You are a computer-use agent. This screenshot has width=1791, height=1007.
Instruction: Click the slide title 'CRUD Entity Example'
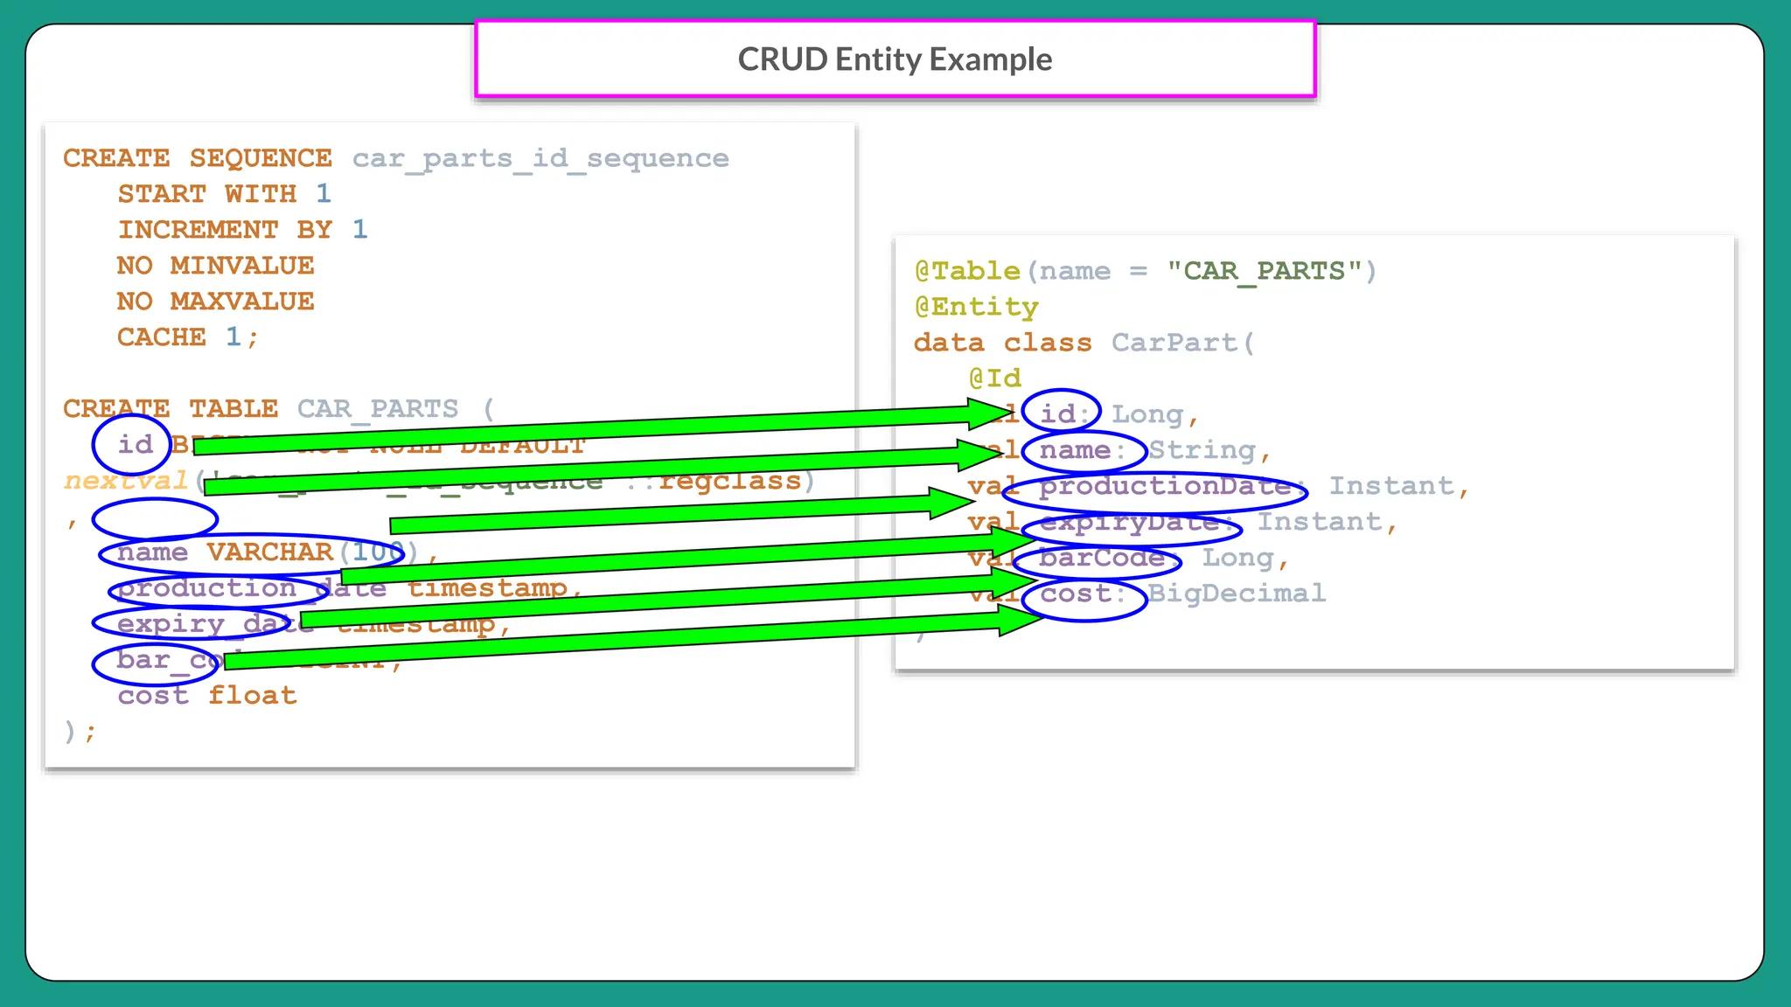pyautogui.click(x=895, y=59)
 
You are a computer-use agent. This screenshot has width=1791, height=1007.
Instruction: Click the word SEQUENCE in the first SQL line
pyautogui.click(x=261, y=158)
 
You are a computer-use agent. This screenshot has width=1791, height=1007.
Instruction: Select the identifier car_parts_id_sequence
pyautogui.click(x=540, y=158)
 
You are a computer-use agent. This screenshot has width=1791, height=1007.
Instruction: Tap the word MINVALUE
pyautogui.click(x=242, y=266)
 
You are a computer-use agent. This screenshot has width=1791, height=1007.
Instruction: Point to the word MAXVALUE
pyautogui.click(x=242, y=302)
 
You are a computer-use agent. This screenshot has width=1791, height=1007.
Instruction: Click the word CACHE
pyautogui.click(x=162, y=337)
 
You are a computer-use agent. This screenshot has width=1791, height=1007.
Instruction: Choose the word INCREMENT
pyautogui.click(x=198, y=230)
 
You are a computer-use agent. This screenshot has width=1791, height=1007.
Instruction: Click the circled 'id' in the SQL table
pyautogui.click(x=134, y=444)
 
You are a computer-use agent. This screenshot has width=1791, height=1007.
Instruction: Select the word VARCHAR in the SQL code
pyautogui.click(x=269, y=552)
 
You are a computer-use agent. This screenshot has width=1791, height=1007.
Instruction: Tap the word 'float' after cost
pyautogui.click(x=253, y=696)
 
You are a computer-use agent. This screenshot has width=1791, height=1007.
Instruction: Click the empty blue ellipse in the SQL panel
pyautogui.click(x=155, y=519)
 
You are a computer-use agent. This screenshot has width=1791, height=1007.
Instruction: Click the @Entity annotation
pyautogui.click(x=976, y=307)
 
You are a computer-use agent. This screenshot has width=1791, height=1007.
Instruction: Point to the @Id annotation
pyautogui.click(x=994, y=378)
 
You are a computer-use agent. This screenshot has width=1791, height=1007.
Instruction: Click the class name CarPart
pyautogui.click(x=1174, y=343)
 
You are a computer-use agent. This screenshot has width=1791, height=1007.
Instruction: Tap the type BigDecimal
pyautogui.click(x=1237, y=594)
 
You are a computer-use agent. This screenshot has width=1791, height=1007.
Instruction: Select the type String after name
pyautogui.click(x=1202, y=450)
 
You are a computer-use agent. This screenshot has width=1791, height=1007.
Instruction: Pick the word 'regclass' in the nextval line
pyautogui.click(x=729, y=481)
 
